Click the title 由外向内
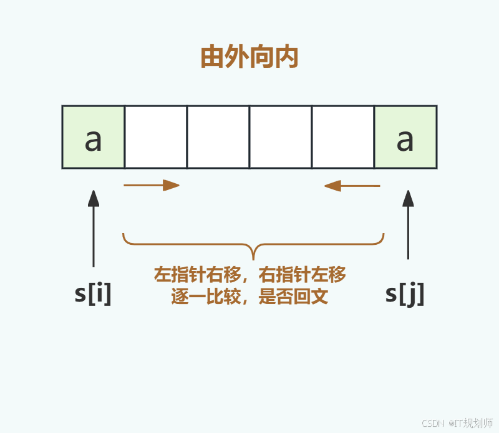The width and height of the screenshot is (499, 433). pyautogui.click(x=249, y=57)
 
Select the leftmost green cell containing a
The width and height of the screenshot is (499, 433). pyautogui.click(x=94, y=137)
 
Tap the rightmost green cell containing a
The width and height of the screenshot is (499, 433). pyautogui.click(x=405, y=137)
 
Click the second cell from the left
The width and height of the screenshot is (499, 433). pyautogui.click(x=156, y=137)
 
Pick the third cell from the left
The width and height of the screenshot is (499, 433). pyautogui.click(x=218, y=137)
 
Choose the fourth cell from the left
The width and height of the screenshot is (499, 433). pyautogui.click(x=281, y=137)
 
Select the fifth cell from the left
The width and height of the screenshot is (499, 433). pyautogui.click(x=343, y=137)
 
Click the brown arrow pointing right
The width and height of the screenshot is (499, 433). pyautogui.click(x=152, y=185)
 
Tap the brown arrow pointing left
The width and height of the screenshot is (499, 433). pyautogui.click(x=352, y=186)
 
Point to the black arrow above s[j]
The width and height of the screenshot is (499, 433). pyautogui.click(x=408, y=224)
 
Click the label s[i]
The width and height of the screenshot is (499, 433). pyautogui.click(x=93, y=293)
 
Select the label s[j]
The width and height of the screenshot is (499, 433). pyautogui.click(x=405, y=293)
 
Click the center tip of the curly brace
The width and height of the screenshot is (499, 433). pyautogui.click(x=253, y=257)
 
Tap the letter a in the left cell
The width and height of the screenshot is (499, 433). pyautogui.click(x=93, y=141)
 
